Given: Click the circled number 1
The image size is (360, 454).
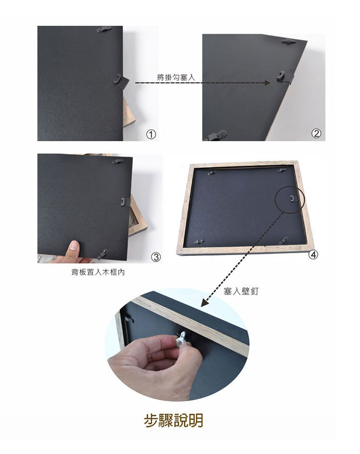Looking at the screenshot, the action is pos(151,135).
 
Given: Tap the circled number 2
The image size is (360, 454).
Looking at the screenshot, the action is pos(316,133).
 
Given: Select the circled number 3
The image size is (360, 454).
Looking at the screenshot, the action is pos(156,257).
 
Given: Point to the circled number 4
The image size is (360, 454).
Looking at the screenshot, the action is pos(313,255).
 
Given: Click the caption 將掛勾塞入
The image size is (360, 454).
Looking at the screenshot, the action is pos(176,77).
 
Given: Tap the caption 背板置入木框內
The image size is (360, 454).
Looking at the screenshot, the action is pos(98,272).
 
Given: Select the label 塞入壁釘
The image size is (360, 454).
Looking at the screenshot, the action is pos(241,291).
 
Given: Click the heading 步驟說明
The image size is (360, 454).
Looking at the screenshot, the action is pos(174,420).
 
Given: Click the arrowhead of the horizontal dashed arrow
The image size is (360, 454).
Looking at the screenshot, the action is pos(267,83).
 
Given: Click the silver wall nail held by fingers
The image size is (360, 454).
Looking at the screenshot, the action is pos(181,339).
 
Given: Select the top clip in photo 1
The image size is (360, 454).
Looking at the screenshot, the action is pos(104,29).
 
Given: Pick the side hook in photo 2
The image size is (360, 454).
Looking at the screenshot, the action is pos(285,77).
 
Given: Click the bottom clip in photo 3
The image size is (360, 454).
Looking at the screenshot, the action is pos(102,254).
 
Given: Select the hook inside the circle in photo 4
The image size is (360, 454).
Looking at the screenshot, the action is pos(292,198).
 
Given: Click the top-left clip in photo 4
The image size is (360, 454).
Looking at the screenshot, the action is pos(212,173).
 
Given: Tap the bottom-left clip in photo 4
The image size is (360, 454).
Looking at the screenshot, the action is pos(199,242).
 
